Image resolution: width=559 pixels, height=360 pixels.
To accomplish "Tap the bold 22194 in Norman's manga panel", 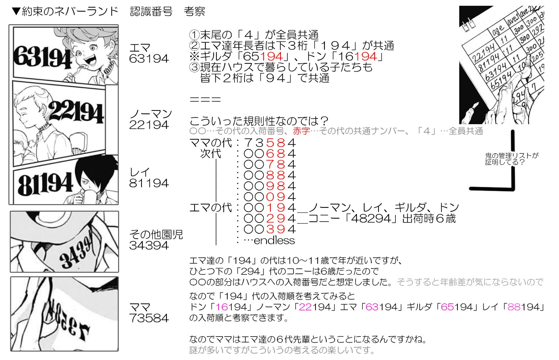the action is (77, 112).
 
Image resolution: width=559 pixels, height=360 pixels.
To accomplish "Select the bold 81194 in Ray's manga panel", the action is (45, 184).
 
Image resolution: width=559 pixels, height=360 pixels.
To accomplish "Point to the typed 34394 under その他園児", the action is (149, 246).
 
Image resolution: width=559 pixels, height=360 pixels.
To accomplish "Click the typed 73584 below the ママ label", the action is (149, 318).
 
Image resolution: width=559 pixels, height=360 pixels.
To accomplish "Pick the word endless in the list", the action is (274, 240).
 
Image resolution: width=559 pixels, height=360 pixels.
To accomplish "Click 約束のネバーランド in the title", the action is (70, 12).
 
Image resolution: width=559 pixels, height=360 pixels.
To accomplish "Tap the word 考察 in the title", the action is (194, 12).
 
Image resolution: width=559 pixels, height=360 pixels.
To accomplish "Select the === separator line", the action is (205, 100).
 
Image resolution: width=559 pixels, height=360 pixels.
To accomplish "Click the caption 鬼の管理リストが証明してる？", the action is (511, 159).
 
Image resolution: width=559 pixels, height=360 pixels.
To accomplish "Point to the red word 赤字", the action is (301, 131).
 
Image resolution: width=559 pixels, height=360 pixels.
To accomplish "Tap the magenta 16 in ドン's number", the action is (222, 307).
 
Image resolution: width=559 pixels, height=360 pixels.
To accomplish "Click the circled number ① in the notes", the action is (194, 35).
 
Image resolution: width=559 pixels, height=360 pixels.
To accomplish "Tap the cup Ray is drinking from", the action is (89, 196).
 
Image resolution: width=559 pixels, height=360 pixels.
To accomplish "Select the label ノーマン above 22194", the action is (151, 114).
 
